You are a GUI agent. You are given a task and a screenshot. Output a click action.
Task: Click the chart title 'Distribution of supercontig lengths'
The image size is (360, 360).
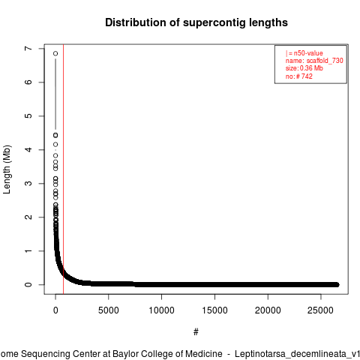196,22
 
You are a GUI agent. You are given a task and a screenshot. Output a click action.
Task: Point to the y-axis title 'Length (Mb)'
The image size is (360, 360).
7,169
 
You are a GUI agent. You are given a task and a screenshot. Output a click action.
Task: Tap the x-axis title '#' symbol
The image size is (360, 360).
196,332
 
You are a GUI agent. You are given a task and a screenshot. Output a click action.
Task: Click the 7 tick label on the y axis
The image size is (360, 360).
28,48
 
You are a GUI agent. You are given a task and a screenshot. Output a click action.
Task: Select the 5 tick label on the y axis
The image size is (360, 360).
28,115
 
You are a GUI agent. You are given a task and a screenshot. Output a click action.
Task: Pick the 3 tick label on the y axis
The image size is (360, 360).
28,183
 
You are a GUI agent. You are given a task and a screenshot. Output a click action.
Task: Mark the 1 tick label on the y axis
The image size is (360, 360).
28,250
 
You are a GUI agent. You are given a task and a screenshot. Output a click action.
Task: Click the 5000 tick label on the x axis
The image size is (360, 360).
109,310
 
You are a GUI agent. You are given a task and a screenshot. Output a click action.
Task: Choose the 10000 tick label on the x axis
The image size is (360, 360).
161,310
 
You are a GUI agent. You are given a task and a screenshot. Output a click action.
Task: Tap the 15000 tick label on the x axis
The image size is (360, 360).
214,310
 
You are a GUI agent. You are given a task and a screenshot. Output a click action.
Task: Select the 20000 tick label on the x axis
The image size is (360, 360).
268,310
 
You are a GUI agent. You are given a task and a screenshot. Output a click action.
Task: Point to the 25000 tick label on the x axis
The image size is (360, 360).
321,310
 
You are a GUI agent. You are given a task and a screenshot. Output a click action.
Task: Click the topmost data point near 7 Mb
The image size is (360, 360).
55,53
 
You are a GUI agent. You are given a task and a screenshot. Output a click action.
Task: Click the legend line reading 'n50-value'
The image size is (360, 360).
304,53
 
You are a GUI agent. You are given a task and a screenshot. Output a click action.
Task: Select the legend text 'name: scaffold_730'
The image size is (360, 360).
314,61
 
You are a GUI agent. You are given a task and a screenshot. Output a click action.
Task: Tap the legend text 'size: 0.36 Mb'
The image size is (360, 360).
304,68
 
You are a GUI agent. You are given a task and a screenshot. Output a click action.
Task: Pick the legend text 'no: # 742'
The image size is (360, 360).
299,76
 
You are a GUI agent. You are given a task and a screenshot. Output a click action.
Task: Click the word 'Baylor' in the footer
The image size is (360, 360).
124,354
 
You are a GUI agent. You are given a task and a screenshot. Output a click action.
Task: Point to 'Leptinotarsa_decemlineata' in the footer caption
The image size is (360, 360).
290,354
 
